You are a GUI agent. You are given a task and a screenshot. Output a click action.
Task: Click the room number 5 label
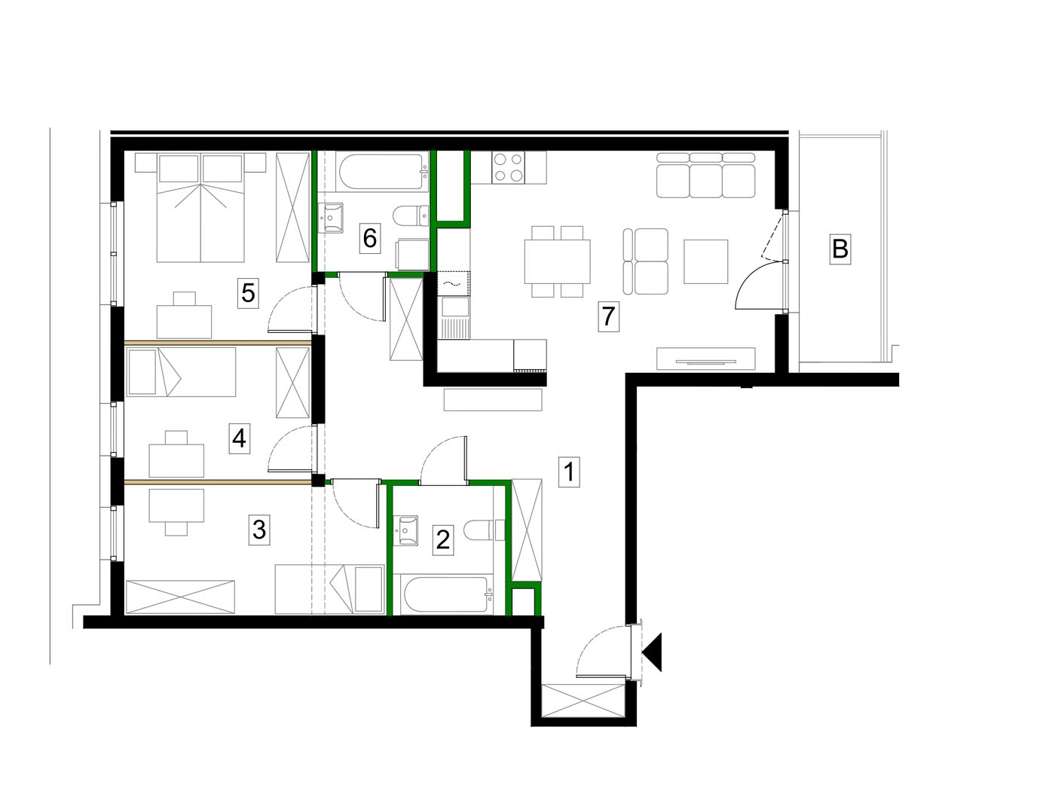click(x=248, y=292)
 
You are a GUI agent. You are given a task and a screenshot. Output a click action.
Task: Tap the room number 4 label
click(x=239, y=438)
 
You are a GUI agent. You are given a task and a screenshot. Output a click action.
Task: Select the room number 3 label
click(x=259, y=530)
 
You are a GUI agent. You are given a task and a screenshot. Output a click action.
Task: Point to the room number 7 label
click(x=608, y=316)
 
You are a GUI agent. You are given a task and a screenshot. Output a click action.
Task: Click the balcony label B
click(x=839, y=249)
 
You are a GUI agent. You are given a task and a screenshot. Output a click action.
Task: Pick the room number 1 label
click(x=569, y=472)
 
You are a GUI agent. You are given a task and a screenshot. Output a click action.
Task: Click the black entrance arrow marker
click(x=653, y=652)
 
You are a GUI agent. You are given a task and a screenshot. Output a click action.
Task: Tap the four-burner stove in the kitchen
click(x=509, y=167)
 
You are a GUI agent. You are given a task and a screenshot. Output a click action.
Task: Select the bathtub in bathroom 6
click(x=381, y=172)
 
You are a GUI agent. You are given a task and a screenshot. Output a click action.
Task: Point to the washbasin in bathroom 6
click(x=331, y=218)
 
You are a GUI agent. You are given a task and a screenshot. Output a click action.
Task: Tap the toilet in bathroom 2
click(x=485, y=530)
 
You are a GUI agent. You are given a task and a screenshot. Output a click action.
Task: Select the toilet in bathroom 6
click(x=411, y=215)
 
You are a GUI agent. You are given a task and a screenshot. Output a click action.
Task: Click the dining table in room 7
click(x=557, y=261)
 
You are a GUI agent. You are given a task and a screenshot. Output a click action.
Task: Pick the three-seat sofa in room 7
click(x=705, y=176)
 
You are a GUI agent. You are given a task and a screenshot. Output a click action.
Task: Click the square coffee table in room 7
click(x=705, y=261)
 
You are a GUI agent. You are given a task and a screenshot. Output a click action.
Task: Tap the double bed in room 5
click(x=200, y=207)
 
